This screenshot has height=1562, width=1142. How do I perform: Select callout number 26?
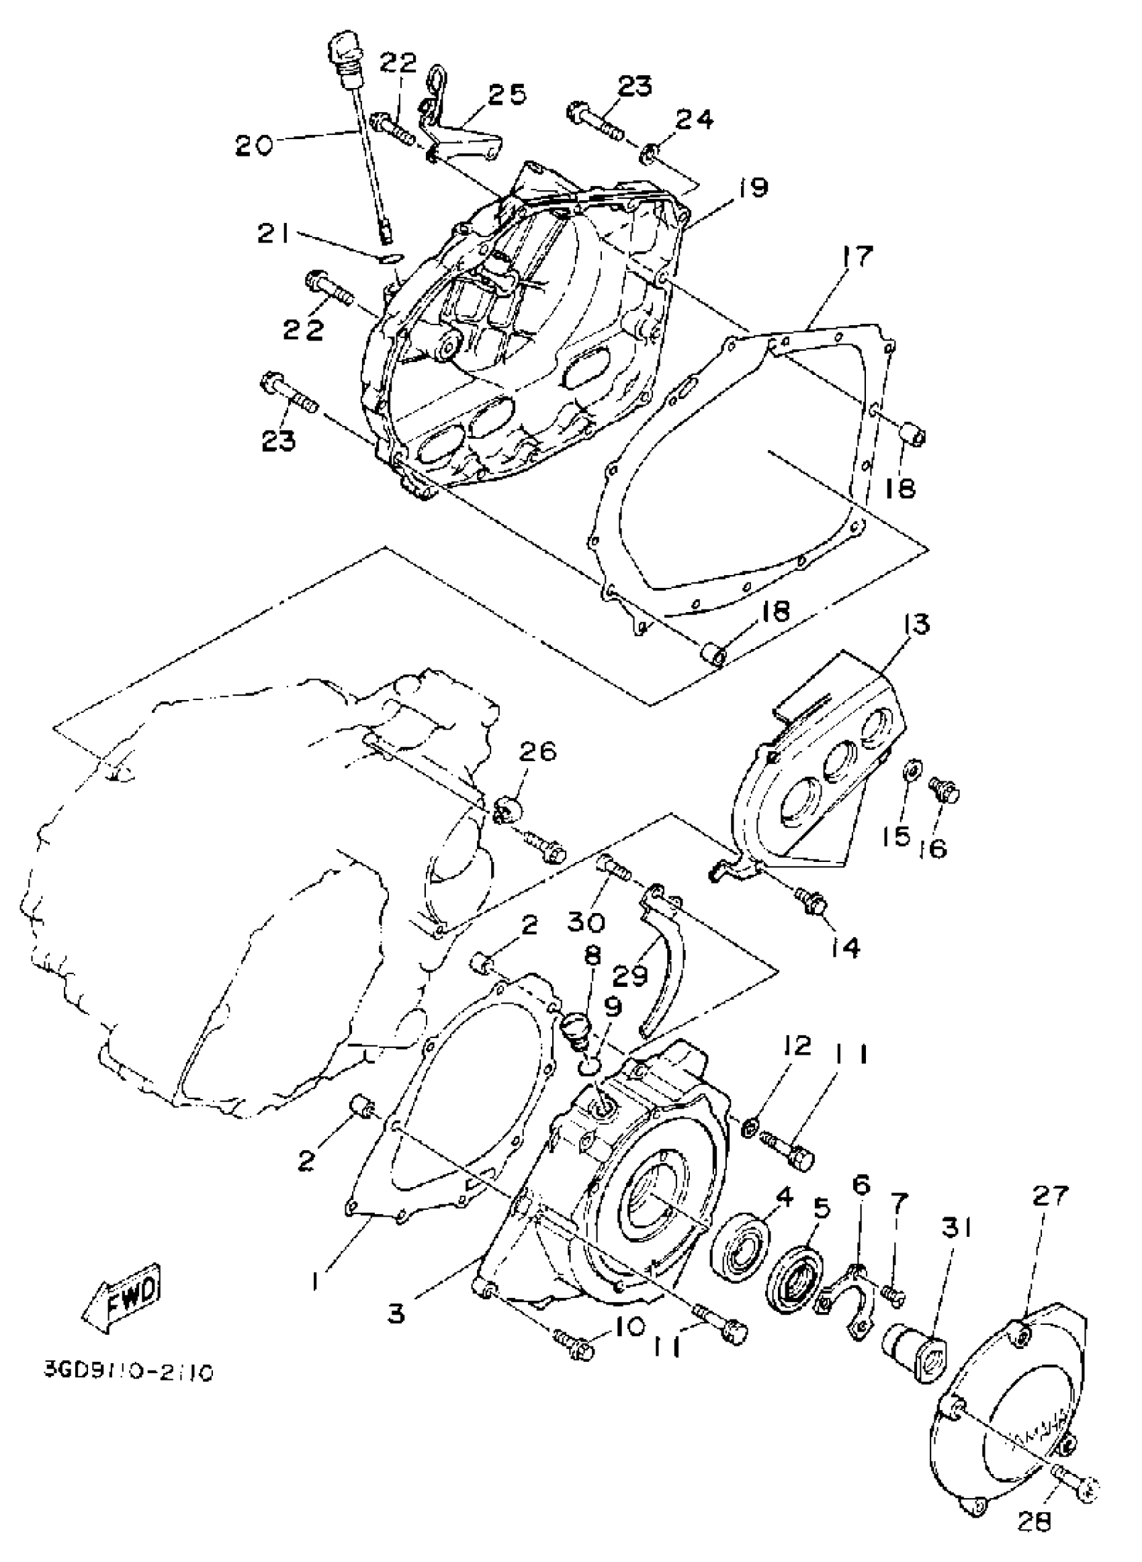point(538,751)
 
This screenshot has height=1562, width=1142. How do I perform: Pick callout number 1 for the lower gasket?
point(316,1282)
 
